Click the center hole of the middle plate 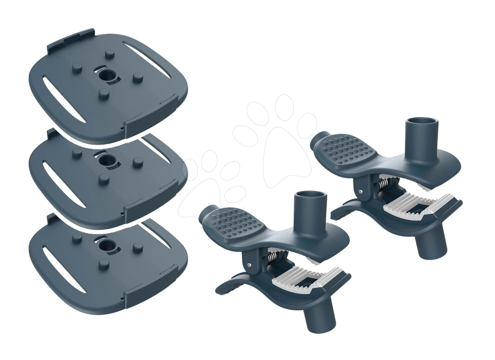[106, 161]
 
